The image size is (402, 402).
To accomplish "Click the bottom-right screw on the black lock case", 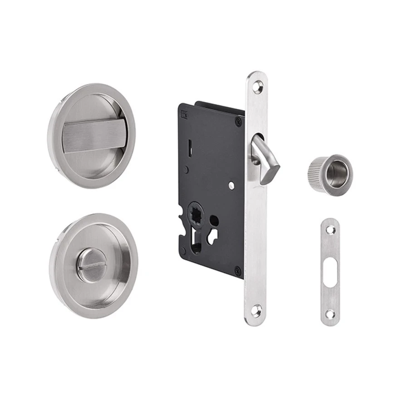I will pyautogui.click(x=237, y=270).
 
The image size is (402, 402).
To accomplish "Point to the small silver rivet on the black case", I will pyautogui.click(x=231, y=185).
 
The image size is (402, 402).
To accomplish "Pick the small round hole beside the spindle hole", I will pyautogui.click(x=215, y=222).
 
